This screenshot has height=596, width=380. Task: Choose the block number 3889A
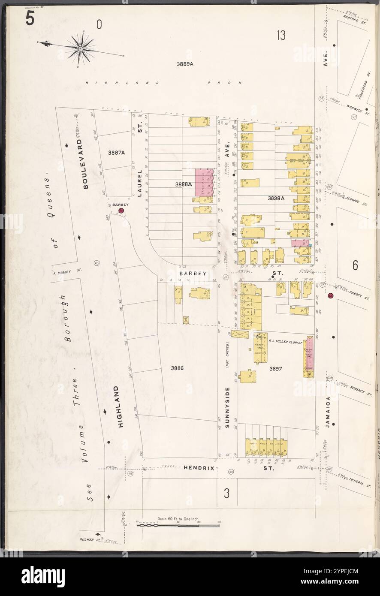(185, 64)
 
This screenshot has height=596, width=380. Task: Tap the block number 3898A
(277, 199)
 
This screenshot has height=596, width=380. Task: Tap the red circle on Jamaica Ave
(330, 296)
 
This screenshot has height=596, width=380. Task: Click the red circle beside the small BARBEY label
(121, 211)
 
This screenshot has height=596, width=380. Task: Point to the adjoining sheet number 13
(281, 35)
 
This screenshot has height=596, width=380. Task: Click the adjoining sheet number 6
(355, 266)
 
